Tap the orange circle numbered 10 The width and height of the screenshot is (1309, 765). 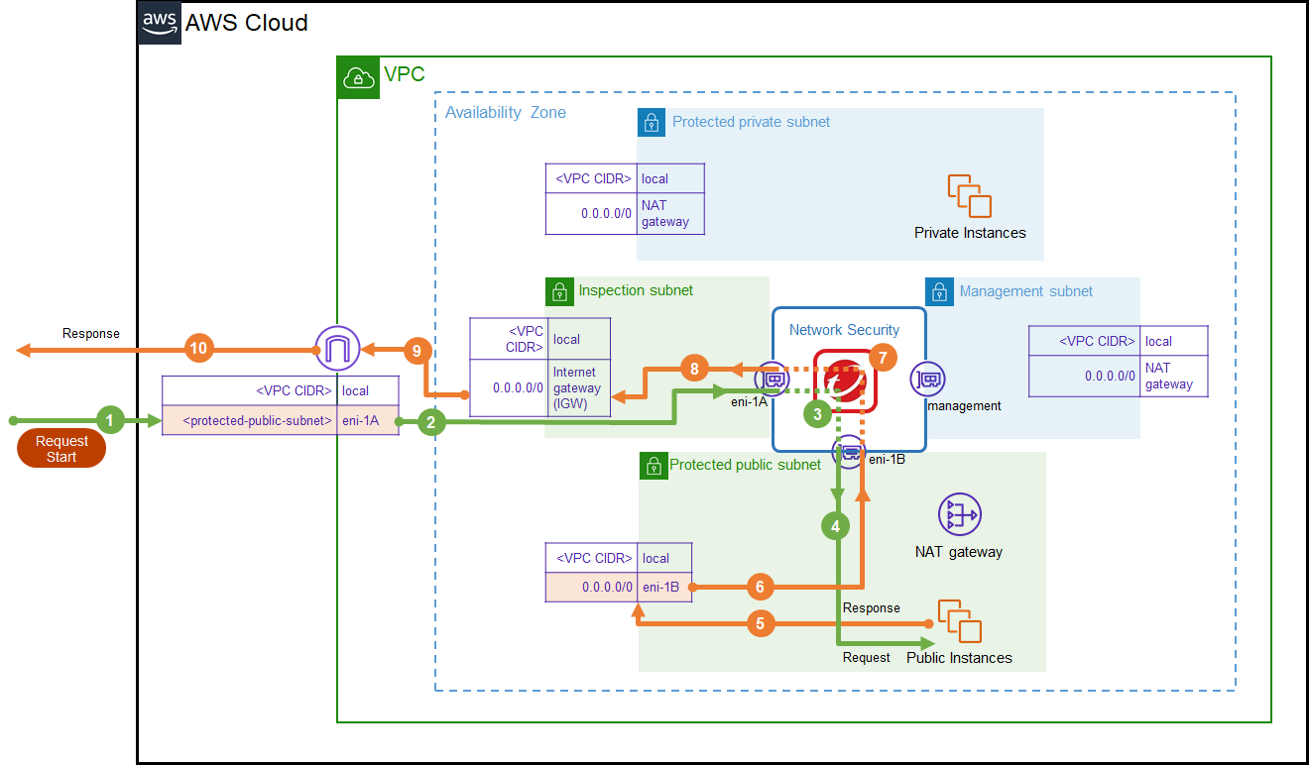click(x=198, y=348)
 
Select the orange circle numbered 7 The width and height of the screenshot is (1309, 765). click(x=883, y=358)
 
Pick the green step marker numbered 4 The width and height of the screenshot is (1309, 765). click(x=836, y=526)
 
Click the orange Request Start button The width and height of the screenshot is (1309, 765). click(x=61, y=449)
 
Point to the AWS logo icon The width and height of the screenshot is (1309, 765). click(x=160, y=22)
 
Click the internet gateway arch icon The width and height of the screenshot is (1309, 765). click(x=336, y=347)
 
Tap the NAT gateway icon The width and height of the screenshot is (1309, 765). click(x=958, y=514)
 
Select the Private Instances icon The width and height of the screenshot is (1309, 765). click(x=969, y=196)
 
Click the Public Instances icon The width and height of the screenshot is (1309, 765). click(x=959, y=621)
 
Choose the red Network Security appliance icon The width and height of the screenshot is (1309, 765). click(x=845, y=382)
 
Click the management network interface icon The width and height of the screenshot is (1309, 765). click(x=927, y=379)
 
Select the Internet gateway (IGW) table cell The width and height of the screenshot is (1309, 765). click(x=579, y=386)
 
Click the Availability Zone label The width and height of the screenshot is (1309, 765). click(x=505, y=113)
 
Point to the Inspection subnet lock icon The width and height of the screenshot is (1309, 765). click(x=558, y=291)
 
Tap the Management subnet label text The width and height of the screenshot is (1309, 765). click(x=1025, y=291)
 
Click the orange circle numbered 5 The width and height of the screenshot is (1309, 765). click(x=760, y=623)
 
